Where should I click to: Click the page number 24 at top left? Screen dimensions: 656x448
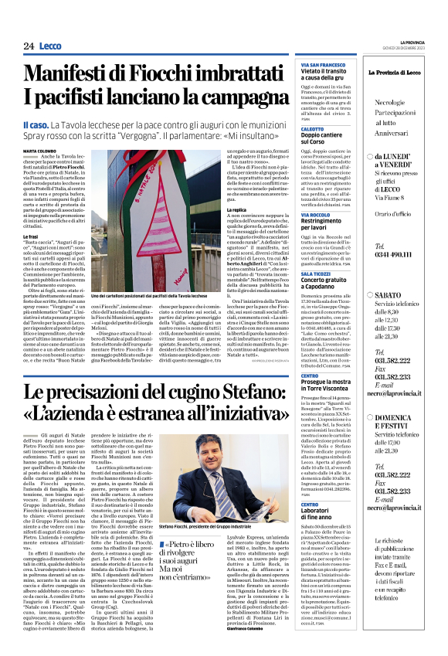click(x=29, y=46)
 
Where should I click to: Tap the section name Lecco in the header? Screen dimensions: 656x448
click(x=53, y=46)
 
